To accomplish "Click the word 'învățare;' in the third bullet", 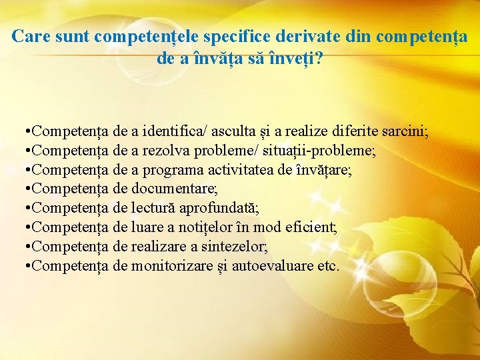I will pos(323,170).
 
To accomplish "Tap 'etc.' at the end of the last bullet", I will pos(328,267).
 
